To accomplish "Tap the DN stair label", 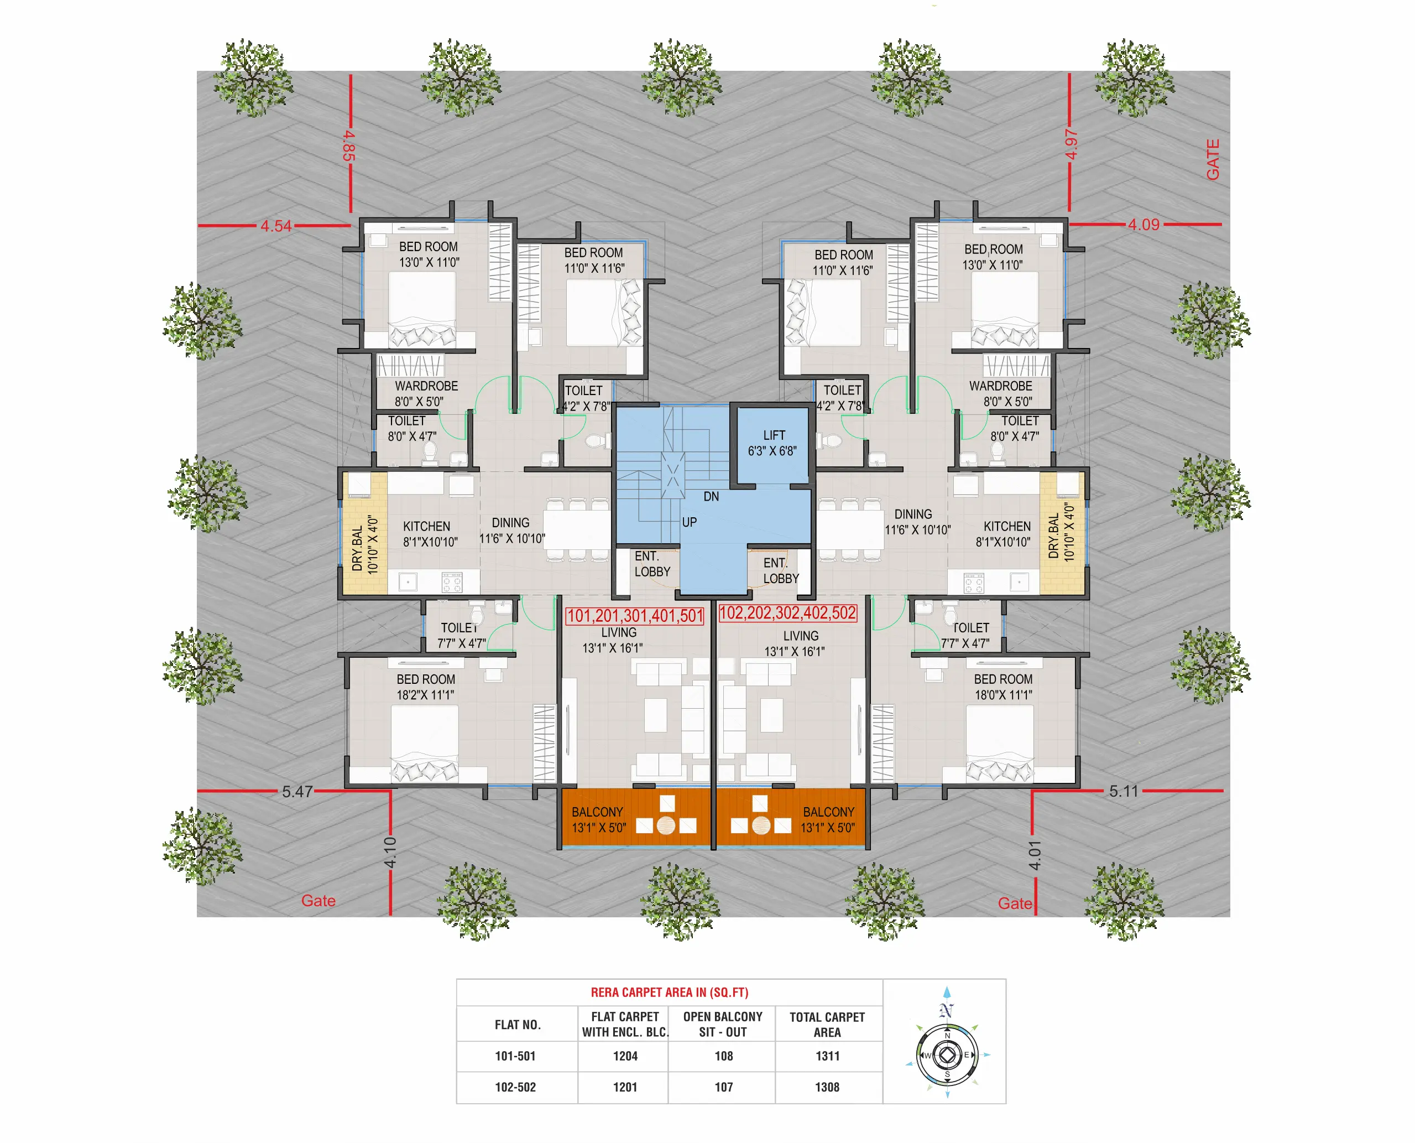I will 711,496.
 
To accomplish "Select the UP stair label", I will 689,522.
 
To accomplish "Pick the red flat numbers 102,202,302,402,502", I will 787,613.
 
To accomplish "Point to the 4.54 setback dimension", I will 275,226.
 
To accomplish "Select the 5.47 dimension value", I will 297,791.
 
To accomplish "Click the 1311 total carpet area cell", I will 827,1056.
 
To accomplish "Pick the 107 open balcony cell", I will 723,1087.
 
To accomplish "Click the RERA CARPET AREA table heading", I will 669,992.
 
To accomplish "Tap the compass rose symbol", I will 947,1055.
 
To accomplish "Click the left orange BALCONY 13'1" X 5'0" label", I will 598,820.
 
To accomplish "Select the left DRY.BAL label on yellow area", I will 364,544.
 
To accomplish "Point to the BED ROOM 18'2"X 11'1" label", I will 425,687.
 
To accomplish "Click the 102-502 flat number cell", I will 515,1087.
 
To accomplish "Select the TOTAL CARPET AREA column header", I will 827,1025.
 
